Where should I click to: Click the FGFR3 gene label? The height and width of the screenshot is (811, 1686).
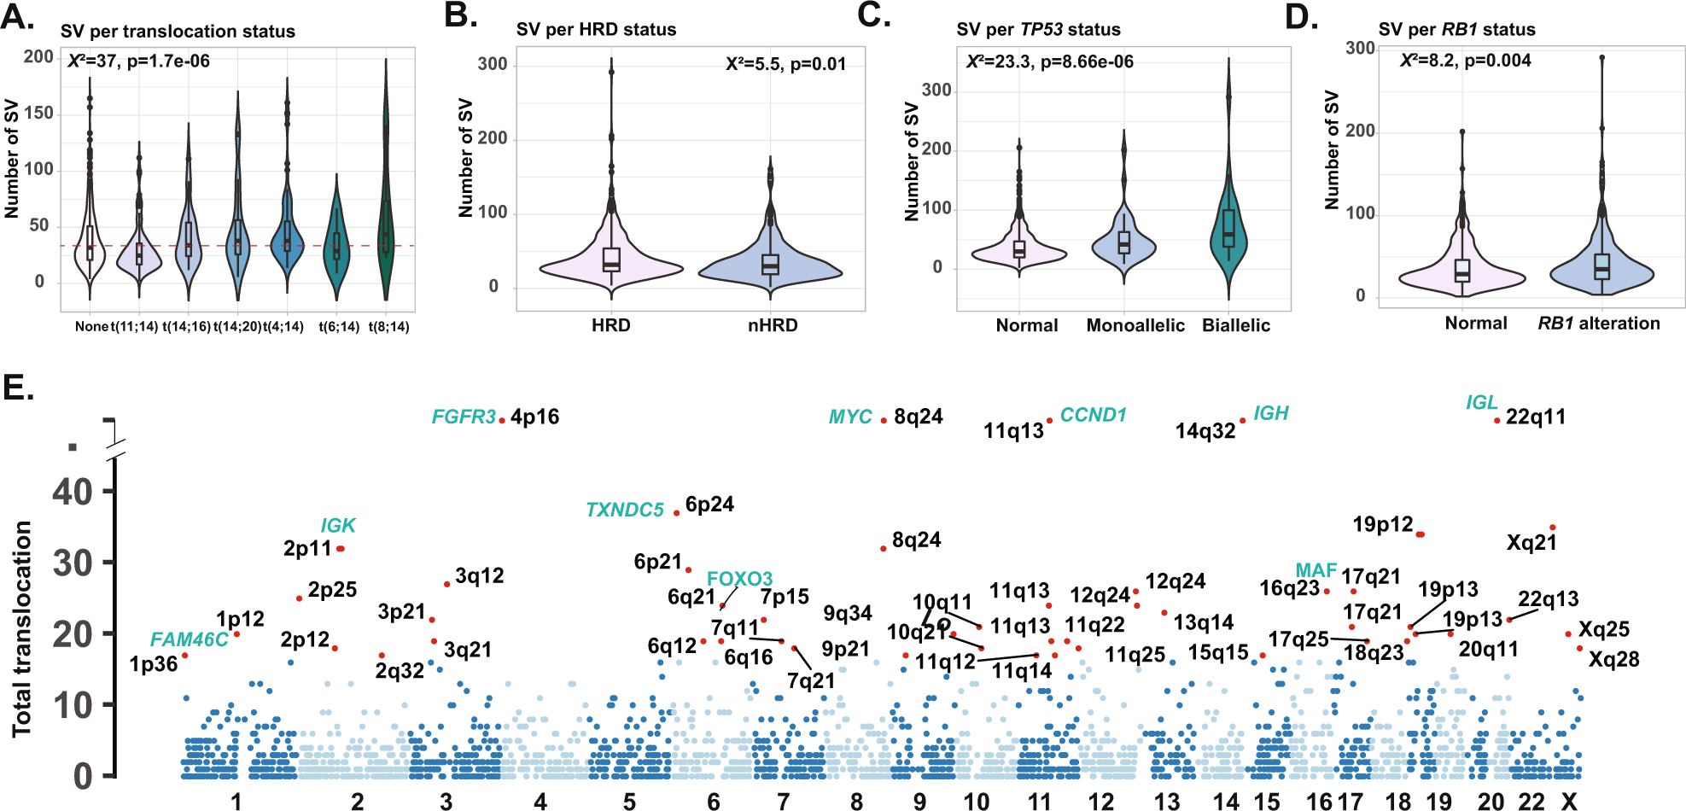pyautogui.click(x=464, y=417)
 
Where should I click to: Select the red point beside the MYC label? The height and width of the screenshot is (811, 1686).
pyautogui.click(x=884, y=420)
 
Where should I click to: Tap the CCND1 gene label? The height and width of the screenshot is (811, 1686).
pyautogui.click(x=1093, y=415)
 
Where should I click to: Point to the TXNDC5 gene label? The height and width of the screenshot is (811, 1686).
pyautogui.click(x=624, y=510)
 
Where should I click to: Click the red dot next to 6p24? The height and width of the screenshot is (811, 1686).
pyautogui.click(x=676, y=512)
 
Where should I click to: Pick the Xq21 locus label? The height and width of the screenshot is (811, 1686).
pyautogui.click(x=1531, y=543)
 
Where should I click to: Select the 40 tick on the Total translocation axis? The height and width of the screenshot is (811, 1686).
pyautogui.click(x=72, y=492)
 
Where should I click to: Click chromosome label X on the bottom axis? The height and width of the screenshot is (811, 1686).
pyautogui.click(x=1568, y=802)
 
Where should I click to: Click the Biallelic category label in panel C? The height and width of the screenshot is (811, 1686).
pyautogui.click(x=1235, y=325)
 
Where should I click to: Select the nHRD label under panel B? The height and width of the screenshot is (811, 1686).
pyautogui.click(x=773, y=325)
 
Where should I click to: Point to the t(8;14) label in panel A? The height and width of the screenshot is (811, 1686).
pyautogui.click(x=388, y=327)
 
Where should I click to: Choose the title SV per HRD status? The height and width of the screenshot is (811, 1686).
pyautogui.click(x=596, y=30)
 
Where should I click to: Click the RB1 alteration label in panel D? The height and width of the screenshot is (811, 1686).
pyautogui.click(x=1598, y=324)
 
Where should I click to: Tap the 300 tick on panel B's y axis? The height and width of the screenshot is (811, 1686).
pyautogui.click(x=493, y=64)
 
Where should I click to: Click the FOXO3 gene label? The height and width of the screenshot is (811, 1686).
pyautogui.click(x=739, y=579)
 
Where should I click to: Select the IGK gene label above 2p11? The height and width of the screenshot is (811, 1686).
pyautogui.click(x=338, y=526)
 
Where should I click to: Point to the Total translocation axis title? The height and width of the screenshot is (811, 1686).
pyautogui.click(x=22, y=628)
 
